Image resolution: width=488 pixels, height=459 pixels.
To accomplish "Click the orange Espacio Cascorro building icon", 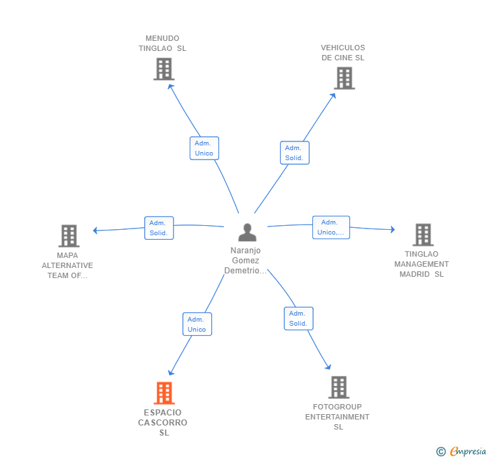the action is click(x=164, y=393).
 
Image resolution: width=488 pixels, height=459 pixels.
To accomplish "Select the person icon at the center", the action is click(x=247, y=233).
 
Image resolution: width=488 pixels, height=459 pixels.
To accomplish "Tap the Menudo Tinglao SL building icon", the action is click(x=164, y=69).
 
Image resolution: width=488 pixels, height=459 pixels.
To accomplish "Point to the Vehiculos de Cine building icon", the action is click(x=345, y=78).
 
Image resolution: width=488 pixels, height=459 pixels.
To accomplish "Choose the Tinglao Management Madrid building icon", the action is click(x=423, y=235).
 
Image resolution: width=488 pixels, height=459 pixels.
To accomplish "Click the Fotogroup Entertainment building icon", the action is click(x=339, y=387).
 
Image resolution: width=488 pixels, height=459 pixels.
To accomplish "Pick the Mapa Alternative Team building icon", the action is click(x=69, y=236).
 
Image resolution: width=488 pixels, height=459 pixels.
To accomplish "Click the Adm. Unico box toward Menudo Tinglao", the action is click(x=204, y=148).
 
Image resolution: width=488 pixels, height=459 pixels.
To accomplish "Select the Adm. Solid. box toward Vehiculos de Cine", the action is click(x=294, y=153).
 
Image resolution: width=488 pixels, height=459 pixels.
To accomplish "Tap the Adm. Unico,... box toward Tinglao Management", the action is click(x=331, y=227).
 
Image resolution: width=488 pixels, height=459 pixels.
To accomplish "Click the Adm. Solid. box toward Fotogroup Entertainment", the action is click(x=298, y=318).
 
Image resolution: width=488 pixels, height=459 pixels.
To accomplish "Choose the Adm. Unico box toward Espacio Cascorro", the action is click(x=197, y=324).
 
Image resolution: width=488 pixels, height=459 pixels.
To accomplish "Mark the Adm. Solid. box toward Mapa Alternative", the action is click(x=159, y=228).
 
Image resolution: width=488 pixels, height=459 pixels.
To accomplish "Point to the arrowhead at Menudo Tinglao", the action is click(x=170, y=86).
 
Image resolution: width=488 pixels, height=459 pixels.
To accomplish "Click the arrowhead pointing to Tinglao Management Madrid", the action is click(x=393, y=229).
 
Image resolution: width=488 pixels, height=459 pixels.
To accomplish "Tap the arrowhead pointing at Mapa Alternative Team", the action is click(x=95, y=231).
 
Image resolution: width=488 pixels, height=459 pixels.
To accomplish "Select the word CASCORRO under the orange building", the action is click(x=162, y=423).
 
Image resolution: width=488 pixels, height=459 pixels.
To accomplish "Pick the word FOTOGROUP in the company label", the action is click(x=337, y=407).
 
